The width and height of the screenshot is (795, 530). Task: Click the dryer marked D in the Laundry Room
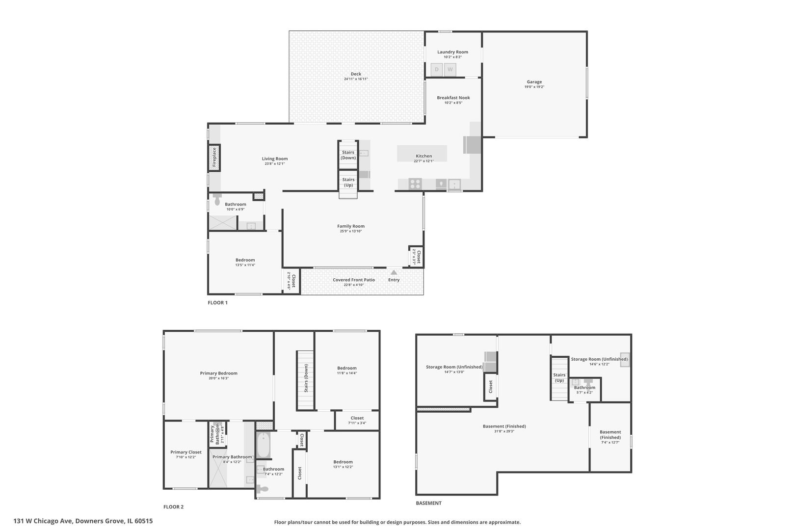[437, 70]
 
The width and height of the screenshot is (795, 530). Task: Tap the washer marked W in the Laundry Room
[450, 70]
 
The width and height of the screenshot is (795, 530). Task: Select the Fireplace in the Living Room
[214, 158]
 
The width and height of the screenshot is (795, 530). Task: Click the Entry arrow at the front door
[394, 272]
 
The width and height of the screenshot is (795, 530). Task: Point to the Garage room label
[534, 82]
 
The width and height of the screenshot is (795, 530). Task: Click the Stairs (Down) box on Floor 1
[348, 155]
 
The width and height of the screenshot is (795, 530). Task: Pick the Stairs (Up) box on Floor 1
[348, 182]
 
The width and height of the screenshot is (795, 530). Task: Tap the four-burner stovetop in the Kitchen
[415, 184]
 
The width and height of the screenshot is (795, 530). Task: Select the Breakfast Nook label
[453, 98]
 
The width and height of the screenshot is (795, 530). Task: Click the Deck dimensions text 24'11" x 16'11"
[356, 79]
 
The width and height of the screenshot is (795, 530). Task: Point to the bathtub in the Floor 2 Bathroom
[264, 444]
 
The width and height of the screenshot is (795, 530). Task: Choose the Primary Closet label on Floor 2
[186, 452]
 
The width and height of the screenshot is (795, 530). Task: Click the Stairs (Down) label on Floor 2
[306, 378]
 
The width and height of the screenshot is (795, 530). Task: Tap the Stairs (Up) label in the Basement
[559, 377]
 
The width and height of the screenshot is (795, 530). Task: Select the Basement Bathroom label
[584, 387]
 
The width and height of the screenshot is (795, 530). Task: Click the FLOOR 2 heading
[173, 507]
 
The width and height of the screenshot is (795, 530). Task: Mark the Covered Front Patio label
[354, 280]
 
